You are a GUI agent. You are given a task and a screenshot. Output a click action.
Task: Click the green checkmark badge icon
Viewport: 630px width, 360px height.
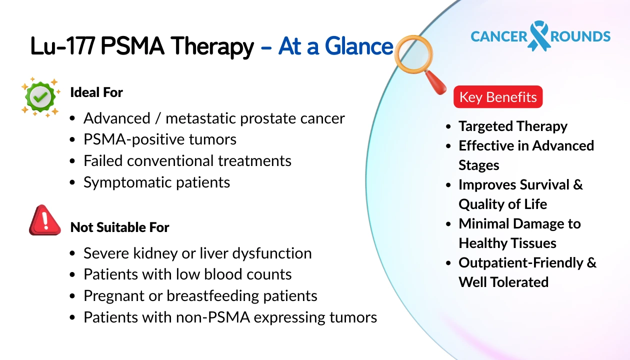[x=40, y=97]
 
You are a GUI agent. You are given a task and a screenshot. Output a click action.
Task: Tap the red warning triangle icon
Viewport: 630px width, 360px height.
[x=44, y=220]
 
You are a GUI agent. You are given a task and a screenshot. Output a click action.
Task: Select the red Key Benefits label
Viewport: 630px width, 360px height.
[x=497, y=97]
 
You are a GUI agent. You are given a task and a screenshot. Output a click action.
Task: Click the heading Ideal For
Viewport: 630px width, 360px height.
[x=96, y=92]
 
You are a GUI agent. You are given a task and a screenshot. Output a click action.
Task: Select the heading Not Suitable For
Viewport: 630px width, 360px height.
[x=119, y=227]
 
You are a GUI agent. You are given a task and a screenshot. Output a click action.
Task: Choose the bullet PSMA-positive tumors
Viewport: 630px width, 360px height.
[x=159, y=139]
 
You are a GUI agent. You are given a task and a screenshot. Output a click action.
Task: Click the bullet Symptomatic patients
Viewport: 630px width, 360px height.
[x=156, y=182]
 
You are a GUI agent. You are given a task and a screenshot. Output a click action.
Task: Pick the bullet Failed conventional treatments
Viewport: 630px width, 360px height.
[x=187, y=160]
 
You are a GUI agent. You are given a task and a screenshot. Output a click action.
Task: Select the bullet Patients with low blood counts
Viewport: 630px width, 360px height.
[x=187, y=274]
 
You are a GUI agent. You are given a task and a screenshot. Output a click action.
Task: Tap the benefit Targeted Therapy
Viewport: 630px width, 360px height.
[x=512, y=126]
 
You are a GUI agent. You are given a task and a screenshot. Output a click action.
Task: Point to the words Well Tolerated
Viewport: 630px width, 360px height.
[x=503, y=282]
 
